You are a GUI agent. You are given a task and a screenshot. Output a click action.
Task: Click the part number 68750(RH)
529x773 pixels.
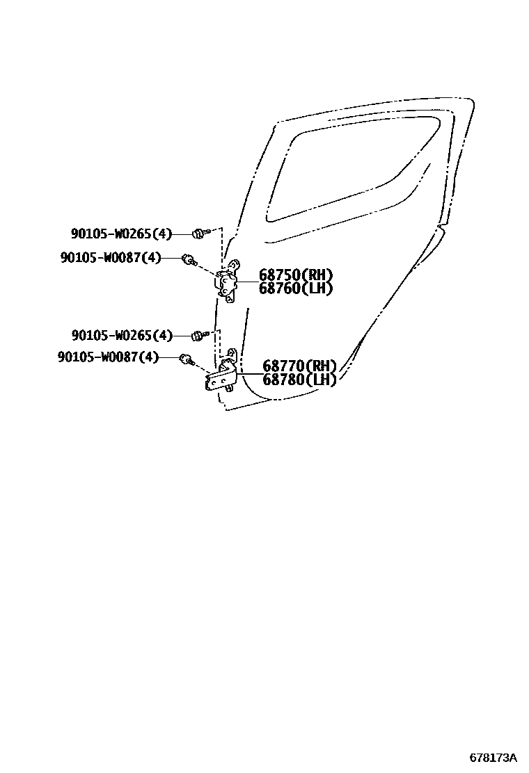pos(296,275)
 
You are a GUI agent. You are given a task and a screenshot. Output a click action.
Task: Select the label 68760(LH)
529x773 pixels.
pos(296,288)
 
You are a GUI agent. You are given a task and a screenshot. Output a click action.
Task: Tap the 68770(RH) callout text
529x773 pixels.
pos(299,366)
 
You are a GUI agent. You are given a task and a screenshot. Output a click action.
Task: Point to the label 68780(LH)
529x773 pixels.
pos(299,380)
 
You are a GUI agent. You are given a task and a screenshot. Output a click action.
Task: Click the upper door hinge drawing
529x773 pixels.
pos(228,282)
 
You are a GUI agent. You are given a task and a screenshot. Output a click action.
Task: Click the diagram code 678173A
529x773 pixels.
pos(493,757)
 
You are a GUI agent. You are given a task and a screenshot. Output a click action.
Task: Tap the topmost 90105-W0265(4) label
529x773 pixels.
pos(121,234)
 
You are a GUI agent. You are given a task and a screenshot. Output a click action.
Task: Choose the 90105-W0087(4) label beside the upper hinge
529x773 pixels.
pos(111,258)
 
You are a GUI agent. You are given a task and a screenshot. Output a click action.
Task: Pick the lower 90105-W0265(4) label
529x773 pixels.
pos(121,336)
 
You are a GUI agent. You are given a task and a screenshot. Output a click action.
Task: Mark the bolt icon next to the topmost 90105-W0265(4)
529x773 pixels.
pos(198,233)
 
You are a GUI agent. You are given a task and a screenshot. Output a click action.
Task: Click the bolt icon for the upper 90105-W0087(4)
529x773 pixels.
pos(187,260)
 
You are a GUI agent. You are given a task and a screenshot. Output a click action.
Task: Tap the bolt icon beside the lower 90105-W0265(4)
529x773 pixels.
pos(198,336)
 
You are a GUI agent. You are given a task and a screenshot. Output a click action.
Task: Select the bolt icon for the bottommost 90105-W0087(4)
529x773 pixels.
pos(186,359)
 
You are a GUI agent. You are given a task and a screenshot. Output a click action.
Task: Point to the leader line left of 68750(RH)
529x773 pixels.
pos(248,282)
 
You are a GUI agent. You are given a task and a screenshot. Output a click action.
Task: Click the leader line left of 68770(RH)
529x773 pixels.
pos(249,373)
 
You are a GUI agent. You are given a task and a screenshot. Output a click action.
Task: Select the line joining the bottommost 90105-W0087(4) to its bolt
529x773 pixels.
pos(169,357)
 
